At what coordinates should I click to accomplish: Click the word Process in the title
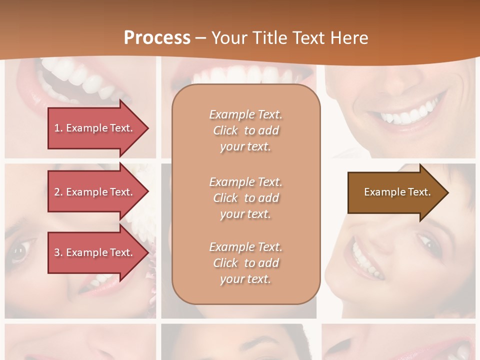click(x=157, y=38)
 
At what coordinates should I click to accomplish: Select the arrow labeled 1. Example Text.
click(x=95, y=128)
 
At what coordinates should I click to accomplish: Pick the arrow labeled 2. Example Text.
click(x=95, y=192)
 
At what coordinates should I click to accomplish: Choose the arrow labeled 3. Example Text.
click(x=95, y=252)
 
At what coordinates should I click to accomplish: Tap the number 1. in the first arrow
click(x=58, y=128)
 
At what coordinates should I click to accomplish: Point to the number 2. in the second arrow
click(x=58, y=192)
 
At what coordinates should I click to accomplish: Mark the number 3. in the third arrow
click(x=58, y=252)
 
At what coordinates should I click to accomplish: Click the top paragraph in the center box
click(x=245, y=130)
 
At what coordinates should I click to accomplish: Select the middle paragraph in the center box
click(x=245, y=198)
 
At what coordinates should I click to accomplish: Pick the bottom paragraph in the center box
click(x=245, y=263)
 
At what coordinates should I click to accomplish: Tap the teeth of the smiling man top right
click(x=405, y=115)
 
